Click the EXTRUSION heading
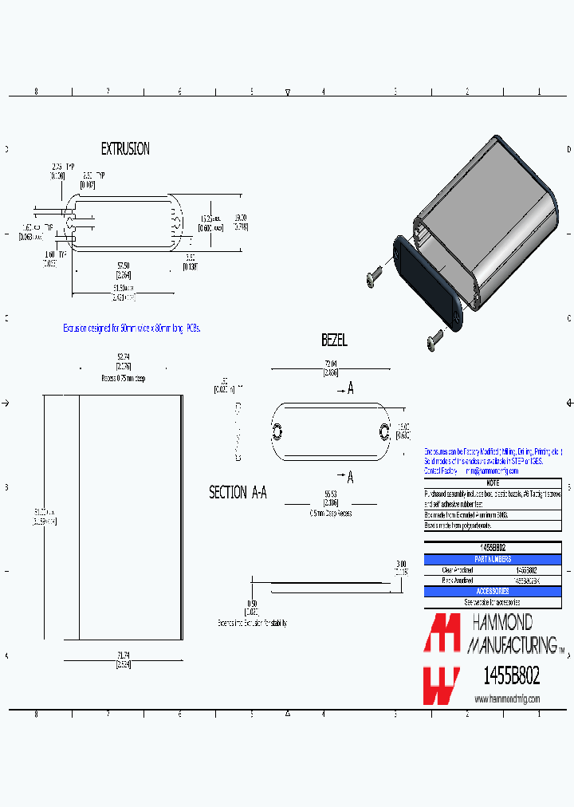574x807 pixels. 125,149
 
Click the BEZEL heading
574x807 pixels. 335,341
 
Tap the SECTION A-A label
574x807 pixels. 238,493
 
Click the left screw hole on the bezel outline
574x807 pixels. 277,431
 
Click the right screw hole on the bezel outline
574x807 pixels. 384,431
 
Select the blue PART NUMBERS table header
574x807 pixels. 493,559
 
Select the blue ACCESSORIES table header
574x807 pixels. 493,591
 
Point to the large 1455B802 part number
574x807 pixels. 512,677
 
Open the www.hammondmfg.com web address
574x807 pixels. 507,699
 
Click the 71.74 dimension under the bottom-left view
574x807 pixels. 123,655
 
